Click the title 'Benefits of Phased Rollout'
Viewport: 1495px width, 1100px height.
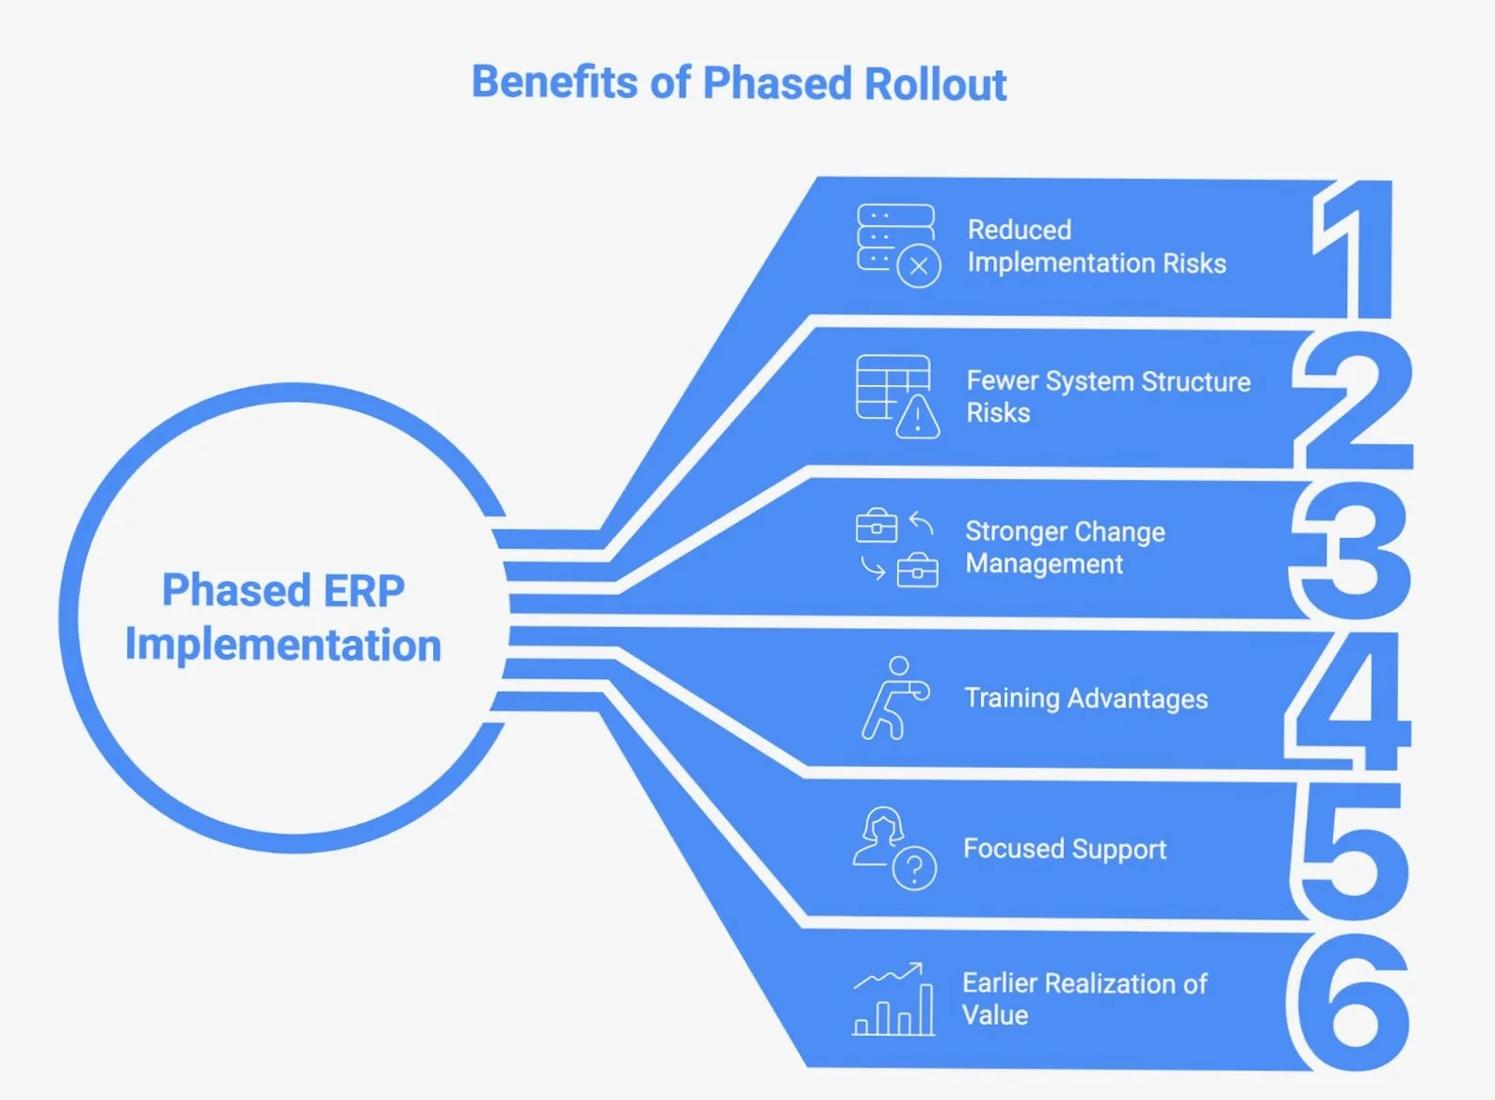point(739,83)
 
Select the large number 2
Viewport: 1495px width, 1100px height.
point(1355,400)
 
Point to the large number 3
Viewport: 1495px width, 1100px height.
point(1352,550)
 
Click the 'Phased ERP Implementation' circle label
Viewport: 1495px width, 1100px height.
point(283,617)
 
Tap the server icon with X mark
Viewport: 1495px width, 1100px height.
point(898,245)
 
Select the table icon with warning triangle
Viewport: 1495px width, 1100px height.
point(897,396)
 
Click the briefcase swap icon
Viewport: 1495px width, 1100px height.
point(896,548)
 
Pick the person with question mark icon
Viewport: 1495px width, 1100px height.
point(894,848)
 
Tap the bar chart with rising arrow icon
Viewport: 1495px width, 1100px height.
point(893,999)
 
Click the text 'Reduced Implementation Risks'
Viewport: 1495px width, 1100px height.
point(1096,247)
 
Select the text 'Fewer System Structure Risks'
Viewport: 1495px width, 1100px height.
point(1107,396)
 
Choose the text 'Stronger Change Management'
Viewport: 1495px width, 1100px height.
point(1065,548)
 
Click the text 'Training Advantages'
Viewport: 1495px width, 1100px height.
point(1085,698)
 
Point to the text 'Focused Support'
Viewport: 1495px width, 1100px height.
point(1064,849)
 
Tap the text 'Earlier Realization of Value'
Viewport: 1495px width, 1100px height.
point(1084,999)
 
